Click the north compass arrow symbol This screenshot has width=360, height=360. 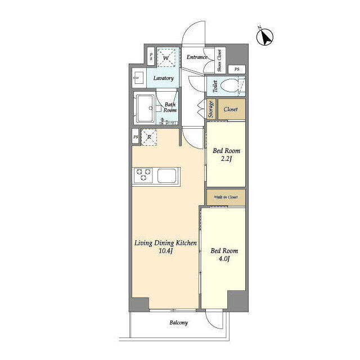pos(265,37)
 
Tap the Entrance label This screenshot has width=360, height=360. pos(197,57)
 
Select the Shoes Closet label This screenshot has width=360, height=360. pos(219,60)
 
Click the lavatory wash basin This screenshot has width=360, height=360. pos(139,78)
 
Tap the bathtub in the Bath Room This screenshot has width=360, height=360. pos(145,109)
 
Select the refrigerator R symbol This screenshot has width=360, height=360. pos(149,137)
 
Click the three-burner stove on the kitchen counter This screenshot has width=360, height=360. pos(143,175)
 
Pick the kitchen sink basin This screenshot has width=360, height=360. pos(166,175)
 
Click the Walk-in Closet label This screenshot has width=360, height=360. pos(226,197)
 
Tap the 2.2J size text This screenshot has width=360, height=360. pos(226,159)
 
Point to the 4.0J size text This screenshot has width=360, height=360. pos(224,259)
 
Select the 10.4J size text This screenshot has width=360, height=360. pos(165,251)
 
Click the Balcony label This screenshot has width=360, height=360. pos(179,323)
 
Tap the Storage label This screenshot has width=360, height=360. pos(211,109)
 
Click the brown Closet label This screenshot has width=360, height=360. pos(231,109)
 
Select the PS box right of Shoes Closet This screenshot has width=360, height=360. pos(237,69)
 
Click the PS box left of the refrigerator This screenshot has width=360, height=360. pos(136,137)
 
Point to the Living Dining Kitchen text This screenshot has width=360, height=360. pos(165,243)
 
